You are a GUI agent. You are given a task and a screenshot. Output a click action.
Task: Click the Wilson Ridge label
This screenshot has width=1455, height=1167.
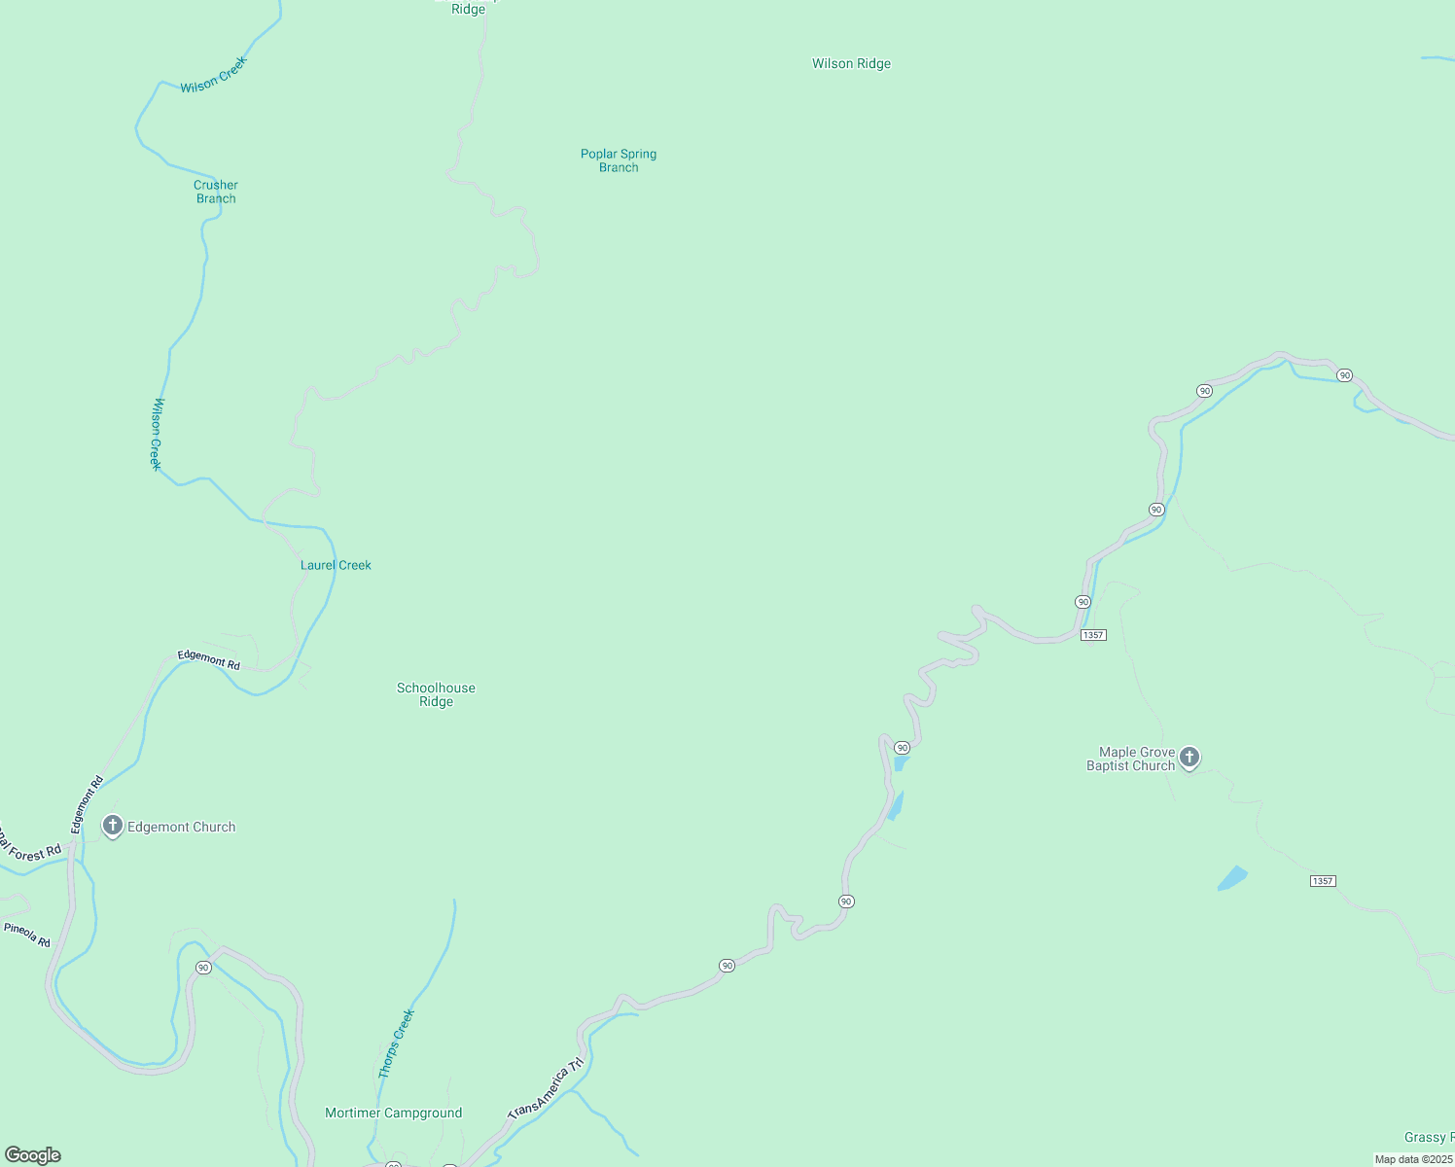pyautogui.click(x=851, y=64)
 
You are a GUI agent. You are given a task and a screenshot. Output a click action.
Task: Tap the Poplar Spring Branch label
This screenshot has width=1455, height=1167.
pyautogui.click(x=619, y=160)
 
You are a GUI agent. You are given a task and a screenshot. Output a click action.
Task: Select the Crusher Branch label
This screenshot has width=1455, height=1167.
pyautogui.click(x=216, y=192)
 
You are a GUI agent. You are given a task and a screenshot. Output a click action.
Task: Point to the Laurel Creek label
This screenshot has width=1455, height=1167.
pyautogui.click(x=336, y=565)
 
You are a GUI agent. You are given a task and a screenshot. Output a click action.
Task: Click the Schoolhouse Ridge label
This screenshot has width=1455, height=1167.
pyautogui.click(x=436, y=694)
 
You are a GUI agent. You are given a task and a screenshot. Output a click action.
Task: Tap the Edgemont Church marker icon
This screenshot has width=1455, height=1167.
pyautogui.click(x=113, y=827)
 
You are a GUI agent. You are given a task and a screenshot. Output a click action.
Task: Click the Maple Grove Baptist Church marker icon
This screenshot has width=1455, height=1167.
pyautogui.click(x=1189, y=758)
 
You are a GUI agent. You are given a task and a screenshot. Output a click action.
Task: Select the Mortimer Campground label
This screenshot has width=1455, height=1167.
pyautogui.click(x=393, y=1113)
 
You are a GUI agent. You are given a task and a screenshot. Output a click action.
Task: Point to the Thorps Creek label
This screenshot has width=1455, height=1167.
pyautogui.click(x=396, y=1043)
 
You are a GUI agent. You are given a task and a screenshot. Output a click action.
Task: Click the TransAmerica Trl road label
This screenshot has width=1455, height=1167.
pyautogui.click(x=547, y=1087)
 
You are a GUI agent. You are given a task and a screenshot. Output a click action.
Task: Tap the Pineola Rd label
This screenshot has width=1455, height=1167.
pyautogui.click(x=27, y=935)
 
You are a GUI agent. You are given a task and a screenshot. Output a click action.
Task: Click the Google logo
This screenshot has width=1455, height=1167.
pyautogui.click(x=33, y=1155)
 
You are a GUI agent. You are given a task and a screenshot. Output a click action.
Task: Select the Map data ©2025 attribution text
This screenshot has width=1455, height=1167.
pyautogui.click(x=1413, y=1159)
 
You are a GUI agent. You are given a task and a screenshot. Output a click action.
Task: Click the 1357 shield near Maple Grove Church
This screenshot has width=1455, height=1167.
pyautogui.click(x=1093, y=635)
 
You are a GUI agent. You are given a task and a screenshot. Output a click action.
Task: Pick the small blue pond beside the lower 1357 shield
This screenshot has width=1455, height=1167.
pyautogui.click(x=1232, y=878)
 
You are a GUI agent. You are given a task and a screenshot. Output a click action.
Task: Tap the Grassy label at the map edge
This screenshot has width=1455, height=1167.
pyautogui.click(x=1428, y=1137)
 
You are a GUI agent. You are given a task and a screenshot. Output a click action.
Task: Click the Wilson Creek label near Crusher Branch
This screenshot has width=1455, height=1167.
pyautogui.click(x=214, y=75)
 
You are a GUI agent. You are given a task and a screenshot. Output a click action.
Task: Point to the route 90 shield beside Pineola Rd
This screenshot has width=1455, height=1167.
pyautogui.click(x=203, y=968)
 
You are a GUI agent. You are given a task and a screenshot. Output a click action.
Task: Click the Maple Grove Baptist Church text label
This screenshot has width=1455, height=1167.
pyautogui.click(x=1131, y=759)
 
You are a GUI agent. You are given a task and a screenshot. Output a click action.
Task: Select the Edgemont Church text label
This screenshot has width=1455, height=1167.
pyautogui.click(x=182, y=827)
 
